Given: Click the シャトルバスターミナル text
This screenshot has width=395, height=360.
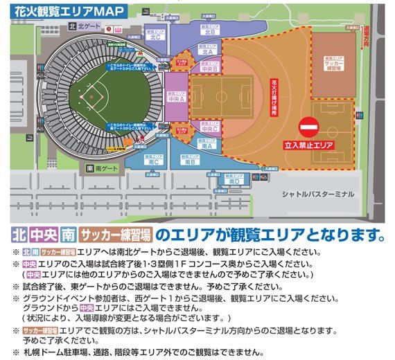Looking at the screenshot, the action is click(x=316, y=195).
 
